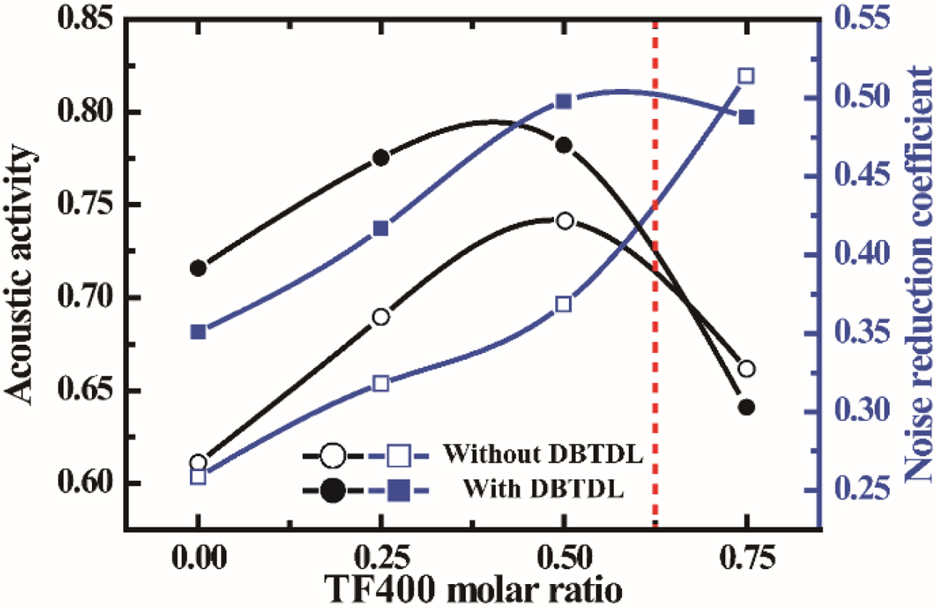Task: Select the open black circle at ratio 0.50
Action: (x=565, y=221)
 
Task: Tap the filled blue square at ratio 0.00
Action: (x=198, y=332)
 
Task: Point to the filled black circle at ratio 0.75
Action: (x=746, y=407)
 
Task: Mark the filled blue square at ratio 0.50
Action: (x=565, y=101)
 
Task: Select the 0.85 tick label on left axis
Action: (x=80, y=19)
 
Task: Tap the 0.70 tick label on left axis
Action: (x=80, y=297)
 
